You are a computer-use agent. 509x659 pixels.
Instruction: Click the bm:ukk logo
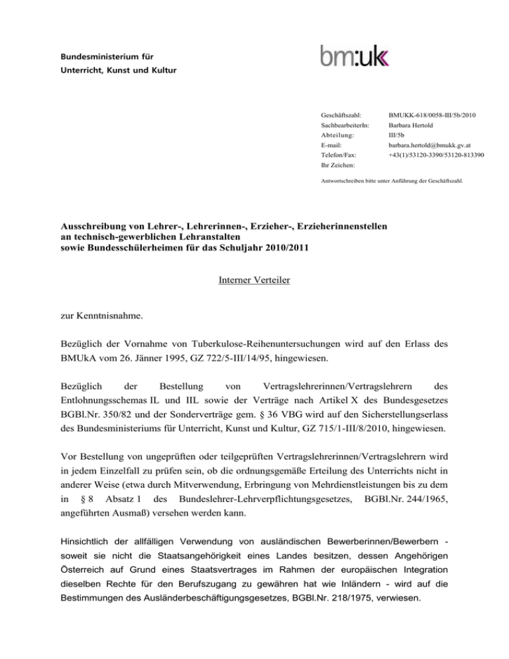click(x=355, y=56)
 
